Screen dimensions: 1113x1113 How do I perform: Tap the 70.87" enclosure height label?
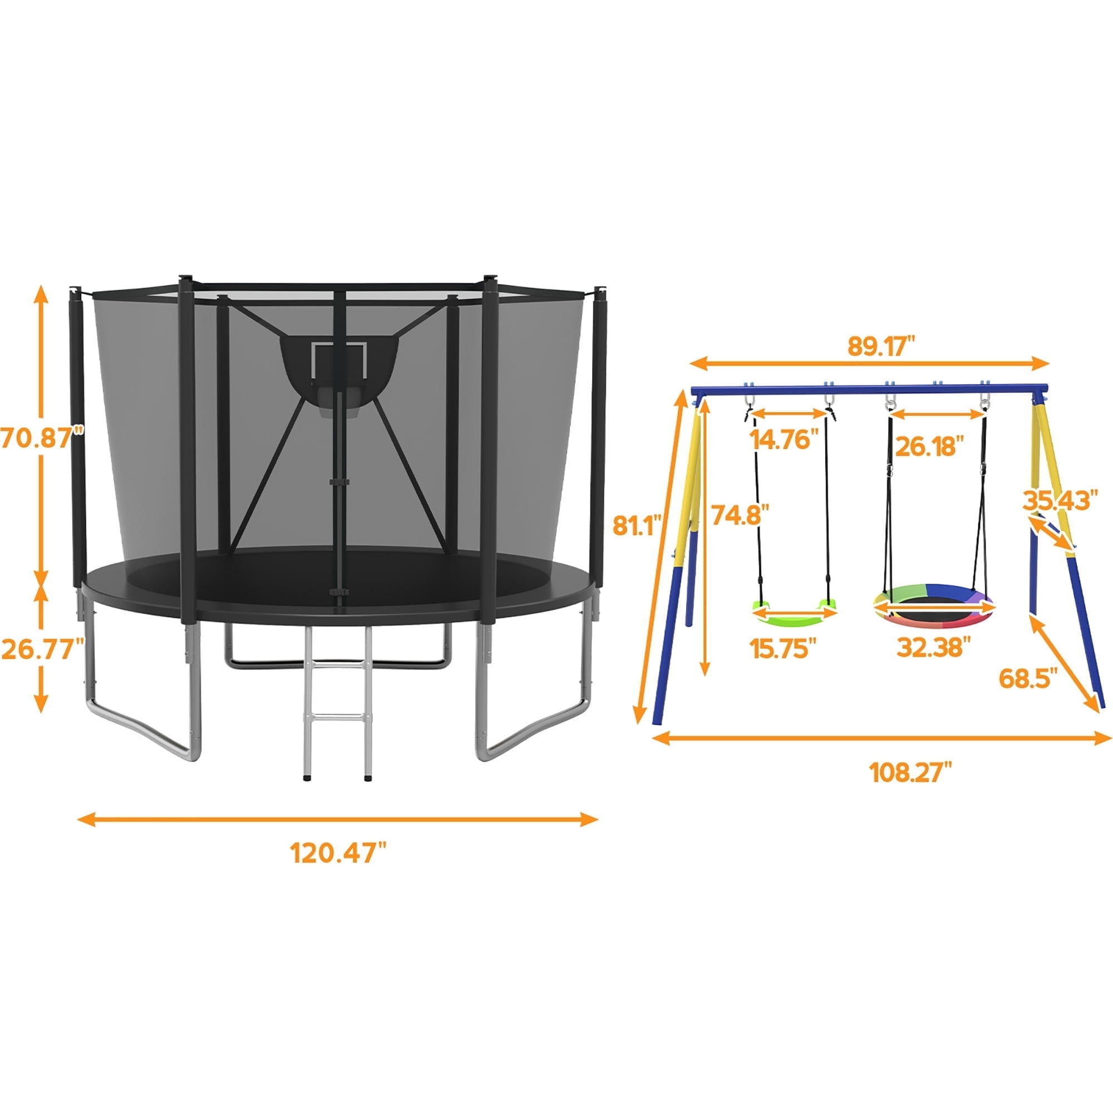(42, 438)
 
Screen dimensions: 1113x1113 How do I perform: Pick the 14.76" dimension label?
(784, 441)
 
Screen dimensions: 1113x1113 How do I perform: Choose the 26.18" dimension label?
(930, 446)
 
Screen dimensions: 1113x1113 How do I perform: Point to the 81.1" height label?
(636, 525)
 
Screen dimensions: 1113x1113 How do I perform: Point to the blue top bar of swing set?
(870, 390)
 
